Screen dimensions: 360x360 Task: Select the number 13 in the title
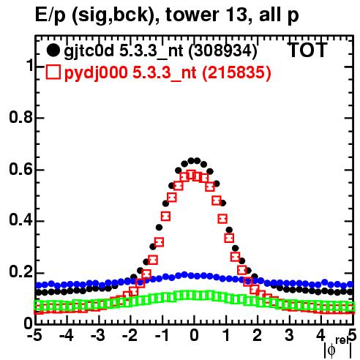236,15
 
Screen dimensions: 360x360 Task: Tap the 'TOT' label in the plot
307,50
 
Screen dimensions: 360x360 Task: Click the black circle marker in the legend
53,50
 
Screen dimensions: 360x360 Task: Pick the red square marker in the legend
53,72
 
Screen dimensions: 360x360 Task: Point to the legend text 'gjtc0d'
89,51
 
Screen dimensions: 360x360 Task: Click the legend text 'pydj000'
96,72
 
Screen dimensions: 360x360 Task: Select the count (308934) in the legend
223,51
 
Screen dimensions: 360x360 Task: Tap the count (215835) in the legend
236,72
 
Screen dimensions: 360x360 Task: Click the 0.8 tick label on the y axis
20,117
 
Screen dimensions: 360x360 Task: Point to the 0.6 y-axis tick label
20,169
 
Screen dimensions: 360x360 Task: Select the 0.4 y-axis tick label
20,220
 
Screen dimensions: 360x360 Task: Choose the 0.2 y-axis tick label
20,272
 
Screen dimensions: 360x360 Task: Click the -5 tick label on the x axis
34,336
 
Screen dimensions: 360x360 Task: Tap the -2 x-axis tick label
130,336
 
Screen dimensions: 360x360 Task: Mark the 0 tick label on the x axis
194,336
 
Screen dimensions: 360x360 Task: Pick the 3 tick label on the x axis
289,336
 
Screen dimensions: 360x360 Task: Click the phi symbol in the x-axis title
331,350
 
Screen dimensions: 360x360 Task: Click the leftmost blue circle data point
38,285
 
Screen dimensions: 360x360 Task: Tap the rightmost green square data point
350,306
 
